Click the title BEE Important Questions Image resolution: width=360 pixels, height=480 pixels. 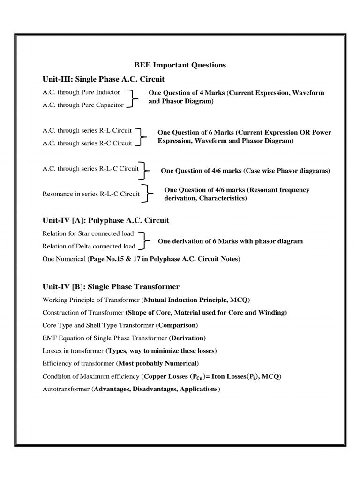180,65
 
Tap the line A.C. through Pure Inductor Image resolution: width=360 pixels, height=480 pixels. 81,92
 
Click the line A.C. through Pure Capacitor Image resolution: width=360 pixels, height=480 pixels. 83,105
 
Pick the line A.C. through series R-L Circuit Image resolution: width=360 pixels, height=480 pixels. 87,130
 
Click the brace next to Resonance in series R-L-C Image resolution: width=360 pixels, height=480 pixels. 149,193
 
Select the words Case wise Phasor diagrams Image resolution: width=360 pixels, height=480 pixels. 286,171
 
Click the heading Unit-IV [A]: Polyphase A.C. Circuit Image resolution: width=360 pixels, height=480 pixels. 105,220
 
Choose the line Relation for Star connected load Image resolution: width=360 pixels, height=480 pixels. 88,233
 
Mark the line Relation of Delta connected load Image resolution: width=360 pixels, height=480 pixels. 89,246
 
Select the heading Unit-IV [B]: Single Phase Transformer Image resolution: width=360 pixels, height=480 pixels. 111,286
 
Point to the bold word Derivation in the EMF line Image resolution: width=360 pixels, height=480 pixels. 187,337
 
